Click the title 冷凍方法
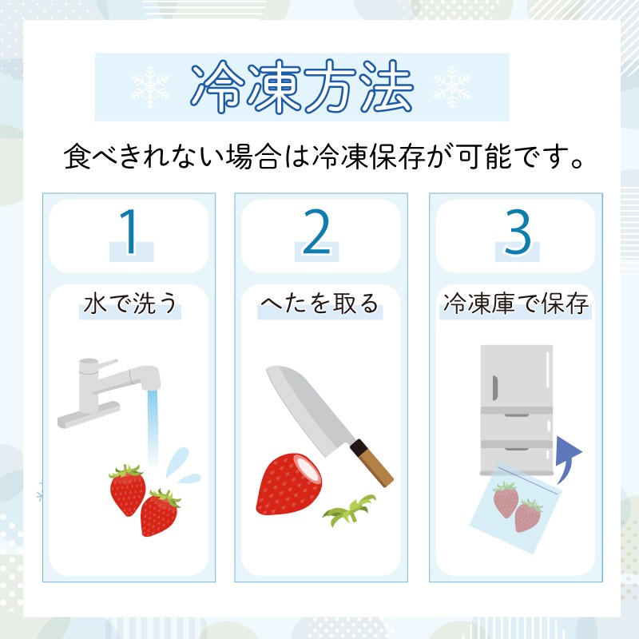(302, 86)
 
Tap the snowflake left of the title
(150, 87)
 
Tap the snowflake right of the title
(451, 87)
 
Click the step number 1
(129, 232)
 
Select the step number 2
(316, 232)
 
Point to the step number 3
(518, 232)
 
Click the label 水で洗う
(130, 304)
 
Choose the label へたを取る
(320, 304)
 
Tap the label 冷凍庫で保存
(516, 304)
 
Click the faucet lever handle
(107, 364)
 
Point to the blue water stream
(153, 428)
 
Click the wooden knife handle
(372, 463)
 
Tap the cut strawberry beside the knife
(289, 484)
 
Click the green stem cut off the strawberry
(350, 510)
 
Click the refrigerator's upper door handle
(495, 388)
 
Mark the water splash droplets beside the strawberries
(183, 466)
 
